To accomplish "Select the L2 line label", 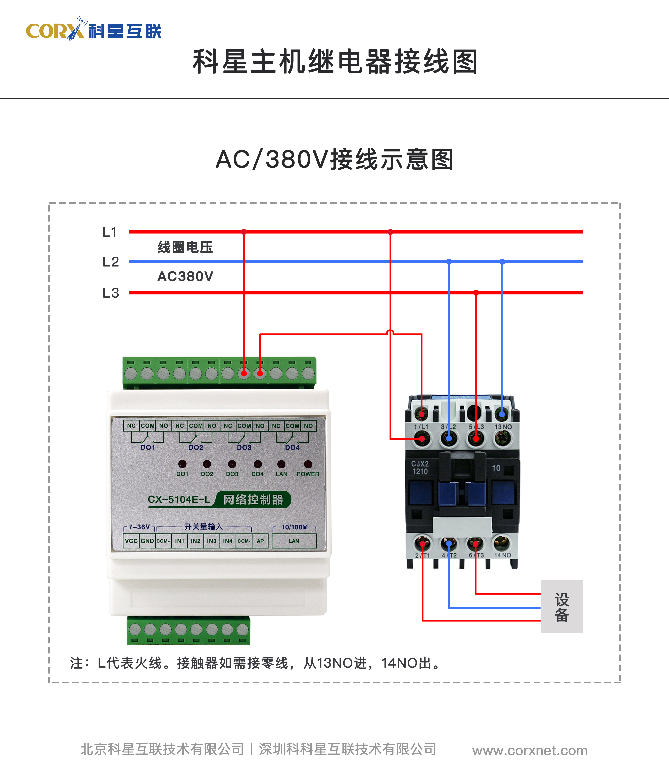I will point(111,262).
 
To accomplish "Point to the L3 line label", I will point(111,293).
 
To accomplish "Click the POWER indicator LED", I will point(308,464).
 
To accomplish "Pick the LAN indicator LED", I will point(281,464).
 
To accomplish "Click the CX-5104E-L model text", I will point(179,499).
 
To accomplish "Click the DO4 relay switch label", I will point(292,447).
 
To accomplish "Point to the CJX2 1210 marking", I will point(420,467).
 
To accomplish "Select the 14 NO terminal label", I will point(502,555).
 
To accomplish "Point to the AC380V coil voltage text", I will point(185,277).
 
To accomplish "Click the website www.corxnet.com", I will point(530,750).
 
